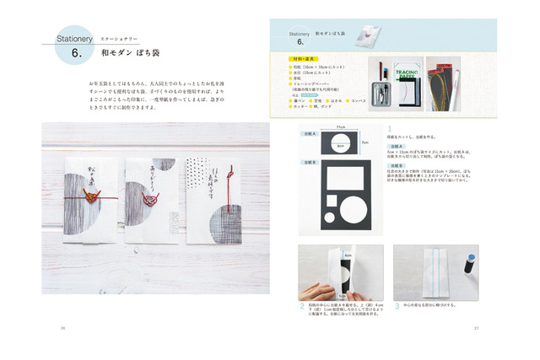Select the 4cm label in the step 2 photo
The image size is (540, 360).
tap(348, 253)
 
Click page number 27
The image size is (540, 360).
tap(477, 327)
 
